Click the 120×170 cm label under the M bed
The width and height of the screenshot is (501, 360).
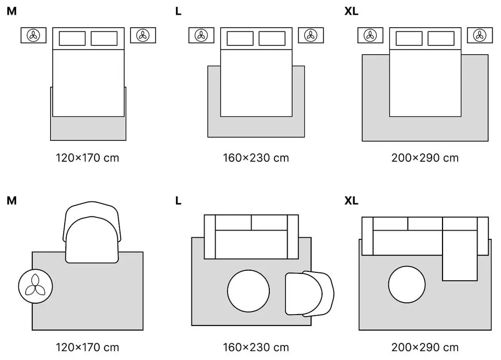tap(87, 157)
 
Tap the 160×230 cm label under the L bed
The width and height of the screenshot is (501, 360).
tap(256, 157)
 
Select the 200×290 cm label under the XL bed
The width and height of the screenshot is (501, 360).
tap(425, 157)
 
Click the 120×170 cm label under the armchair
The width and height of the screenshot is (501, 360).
tap(87, 347)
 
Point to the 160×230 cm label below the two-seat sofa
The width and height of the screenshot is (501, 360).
tap(256, 347)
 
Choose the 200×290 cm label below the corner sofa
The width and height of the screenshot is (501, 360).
tap(425, 347)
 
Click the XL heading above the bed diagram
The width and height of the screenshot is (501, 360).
tap(351, 11)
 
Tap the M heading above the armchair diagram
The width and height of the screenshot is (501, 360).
tap(11, 200)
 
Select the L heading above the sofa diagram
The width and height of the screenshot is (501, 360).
tap(178, 200)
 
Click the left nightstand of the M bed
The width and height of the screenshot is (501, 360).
tap(33, 35)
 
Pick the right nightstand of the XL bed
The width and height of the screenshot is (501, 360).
tap(480, 35)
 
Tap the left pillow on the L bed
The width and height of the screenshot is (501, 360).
tap(240, 39)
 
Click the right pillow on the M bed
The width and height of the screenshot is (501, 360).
tap(104, 39)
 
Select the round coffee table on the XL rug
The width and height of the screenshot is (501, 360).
tap(407, 284)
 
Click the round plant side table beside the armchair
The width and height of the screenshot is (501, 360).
tap(36, 286)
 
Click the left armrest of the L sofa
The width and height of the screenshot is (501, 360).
tap(210, 236)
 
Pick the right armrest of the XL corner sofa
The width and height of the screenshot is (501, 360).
tap(483, 236)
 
